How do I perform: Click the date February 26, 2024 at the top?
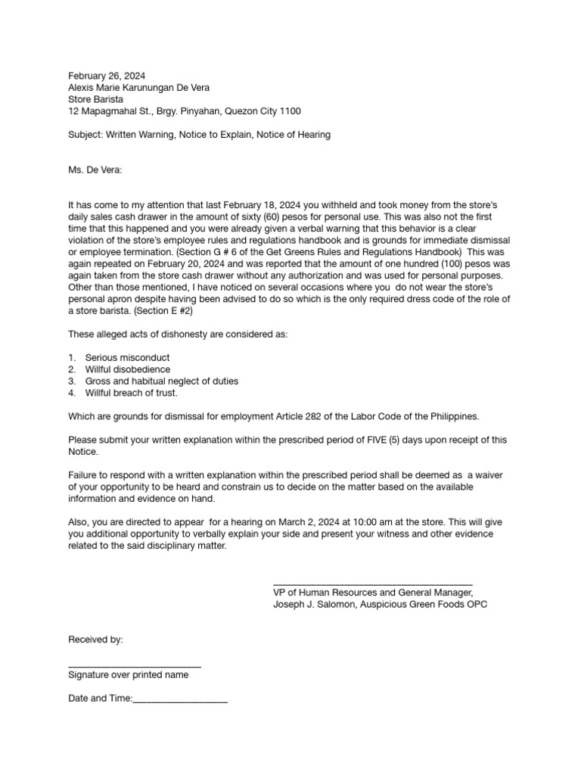tap(107, 76)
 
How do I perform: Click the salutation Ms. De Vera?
tap(95, 170)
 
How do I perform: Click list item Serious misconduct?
tap(127, 357)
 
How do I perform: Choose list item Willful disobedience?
tap(128, 369)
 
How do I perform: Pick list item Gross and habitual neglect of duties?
tap(162, 381)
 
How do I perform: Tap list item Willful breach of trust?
tap(132, 394)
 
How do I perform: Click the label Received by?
tap(95, 640)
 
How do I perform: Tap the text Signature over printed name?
tap(129, 675)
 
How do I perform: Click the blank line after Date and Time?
tap(181, 701)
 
